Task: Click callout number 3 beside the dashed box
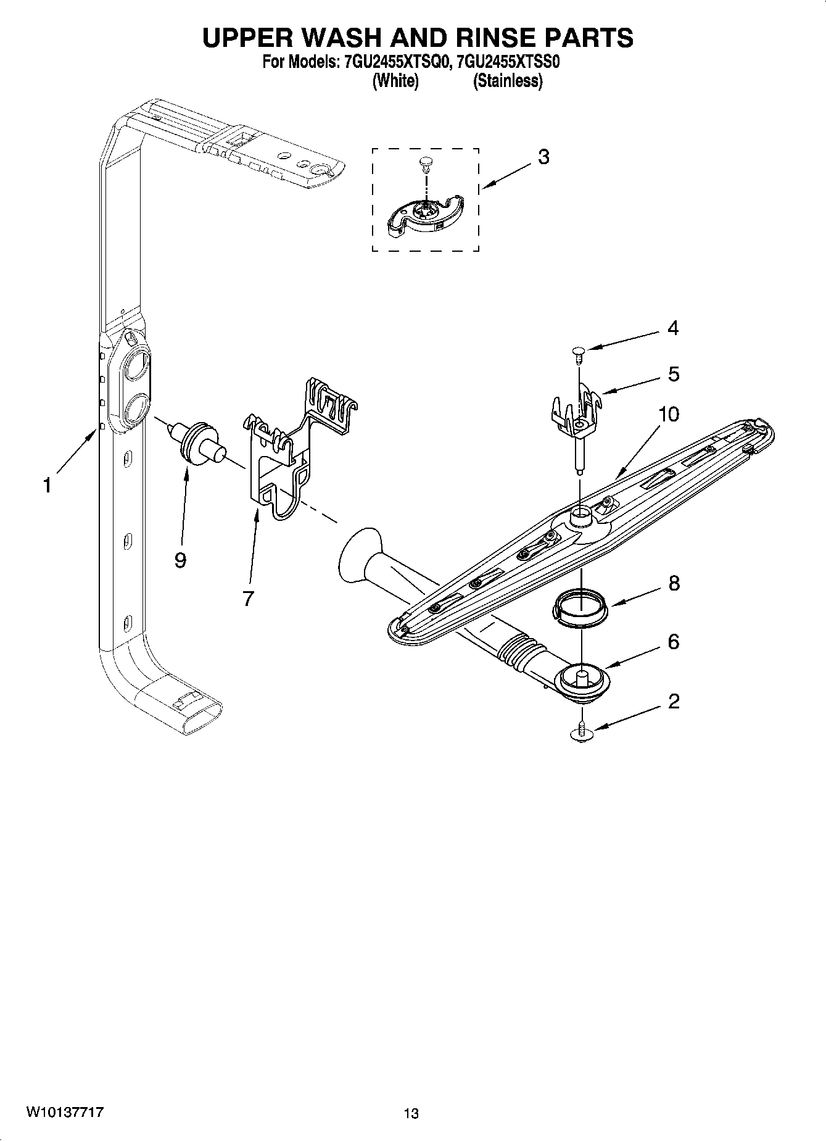[x=543, y=157]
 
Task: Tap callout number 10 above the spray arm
[x=668, y=414]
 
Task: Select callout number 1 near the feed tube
[x=47, y=486]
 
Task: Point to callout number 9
[x=180, y=560]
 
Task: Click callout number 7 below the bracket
[x=248, y=597]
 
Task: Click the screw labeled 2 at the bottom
[x=581, y=732]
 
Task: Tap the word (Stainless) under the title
[x=507, y=81]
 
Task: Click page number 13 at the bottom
[x=411, y=1113]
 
